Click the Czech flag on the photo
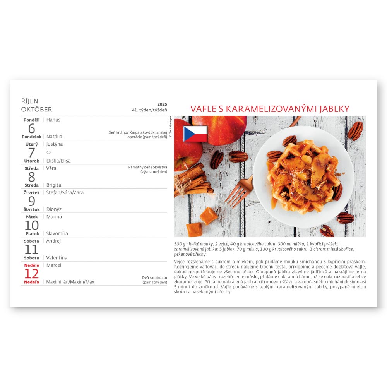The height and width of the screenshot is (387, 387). (x=195, y=134)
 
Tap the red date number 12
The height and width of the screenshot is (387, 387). (x=32, y=274)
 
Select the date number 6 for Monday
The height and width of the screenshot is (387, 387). (x=32, y=128)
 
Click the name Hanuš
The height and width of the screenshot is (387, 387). (x=53, y=120)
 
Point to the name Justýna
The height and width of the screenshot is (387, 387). (x=55, y=144)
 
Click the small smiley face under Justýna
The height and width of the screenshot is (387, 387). (x=48, y=152)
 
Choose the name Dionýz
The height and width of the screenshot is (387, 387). (x=54, y=209)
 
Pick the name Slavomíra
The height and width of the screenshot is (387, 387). (x=57, y=233)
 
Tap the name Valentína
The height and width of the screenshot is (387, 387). (x=57, y=257)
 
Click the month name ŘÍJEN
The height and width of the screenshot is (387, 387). (x=30, y=101)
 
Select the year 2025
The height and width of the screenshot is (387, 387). (x=162, y=104)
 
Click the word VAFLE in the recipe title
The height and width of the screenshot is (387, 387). (x=204, y=109)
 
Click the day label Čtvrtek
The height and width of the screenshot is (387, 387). (x=32, y=192)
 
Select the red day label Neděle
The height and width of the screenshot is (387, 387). (x=32, y=265)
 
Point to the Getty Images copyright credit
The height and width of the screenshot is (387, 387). (x=170, y=127)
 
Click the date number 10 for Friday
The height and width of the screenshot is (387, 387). (x=32, y=225)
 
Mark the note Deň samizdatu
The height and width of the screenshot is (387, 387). (x=154, y=277)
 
